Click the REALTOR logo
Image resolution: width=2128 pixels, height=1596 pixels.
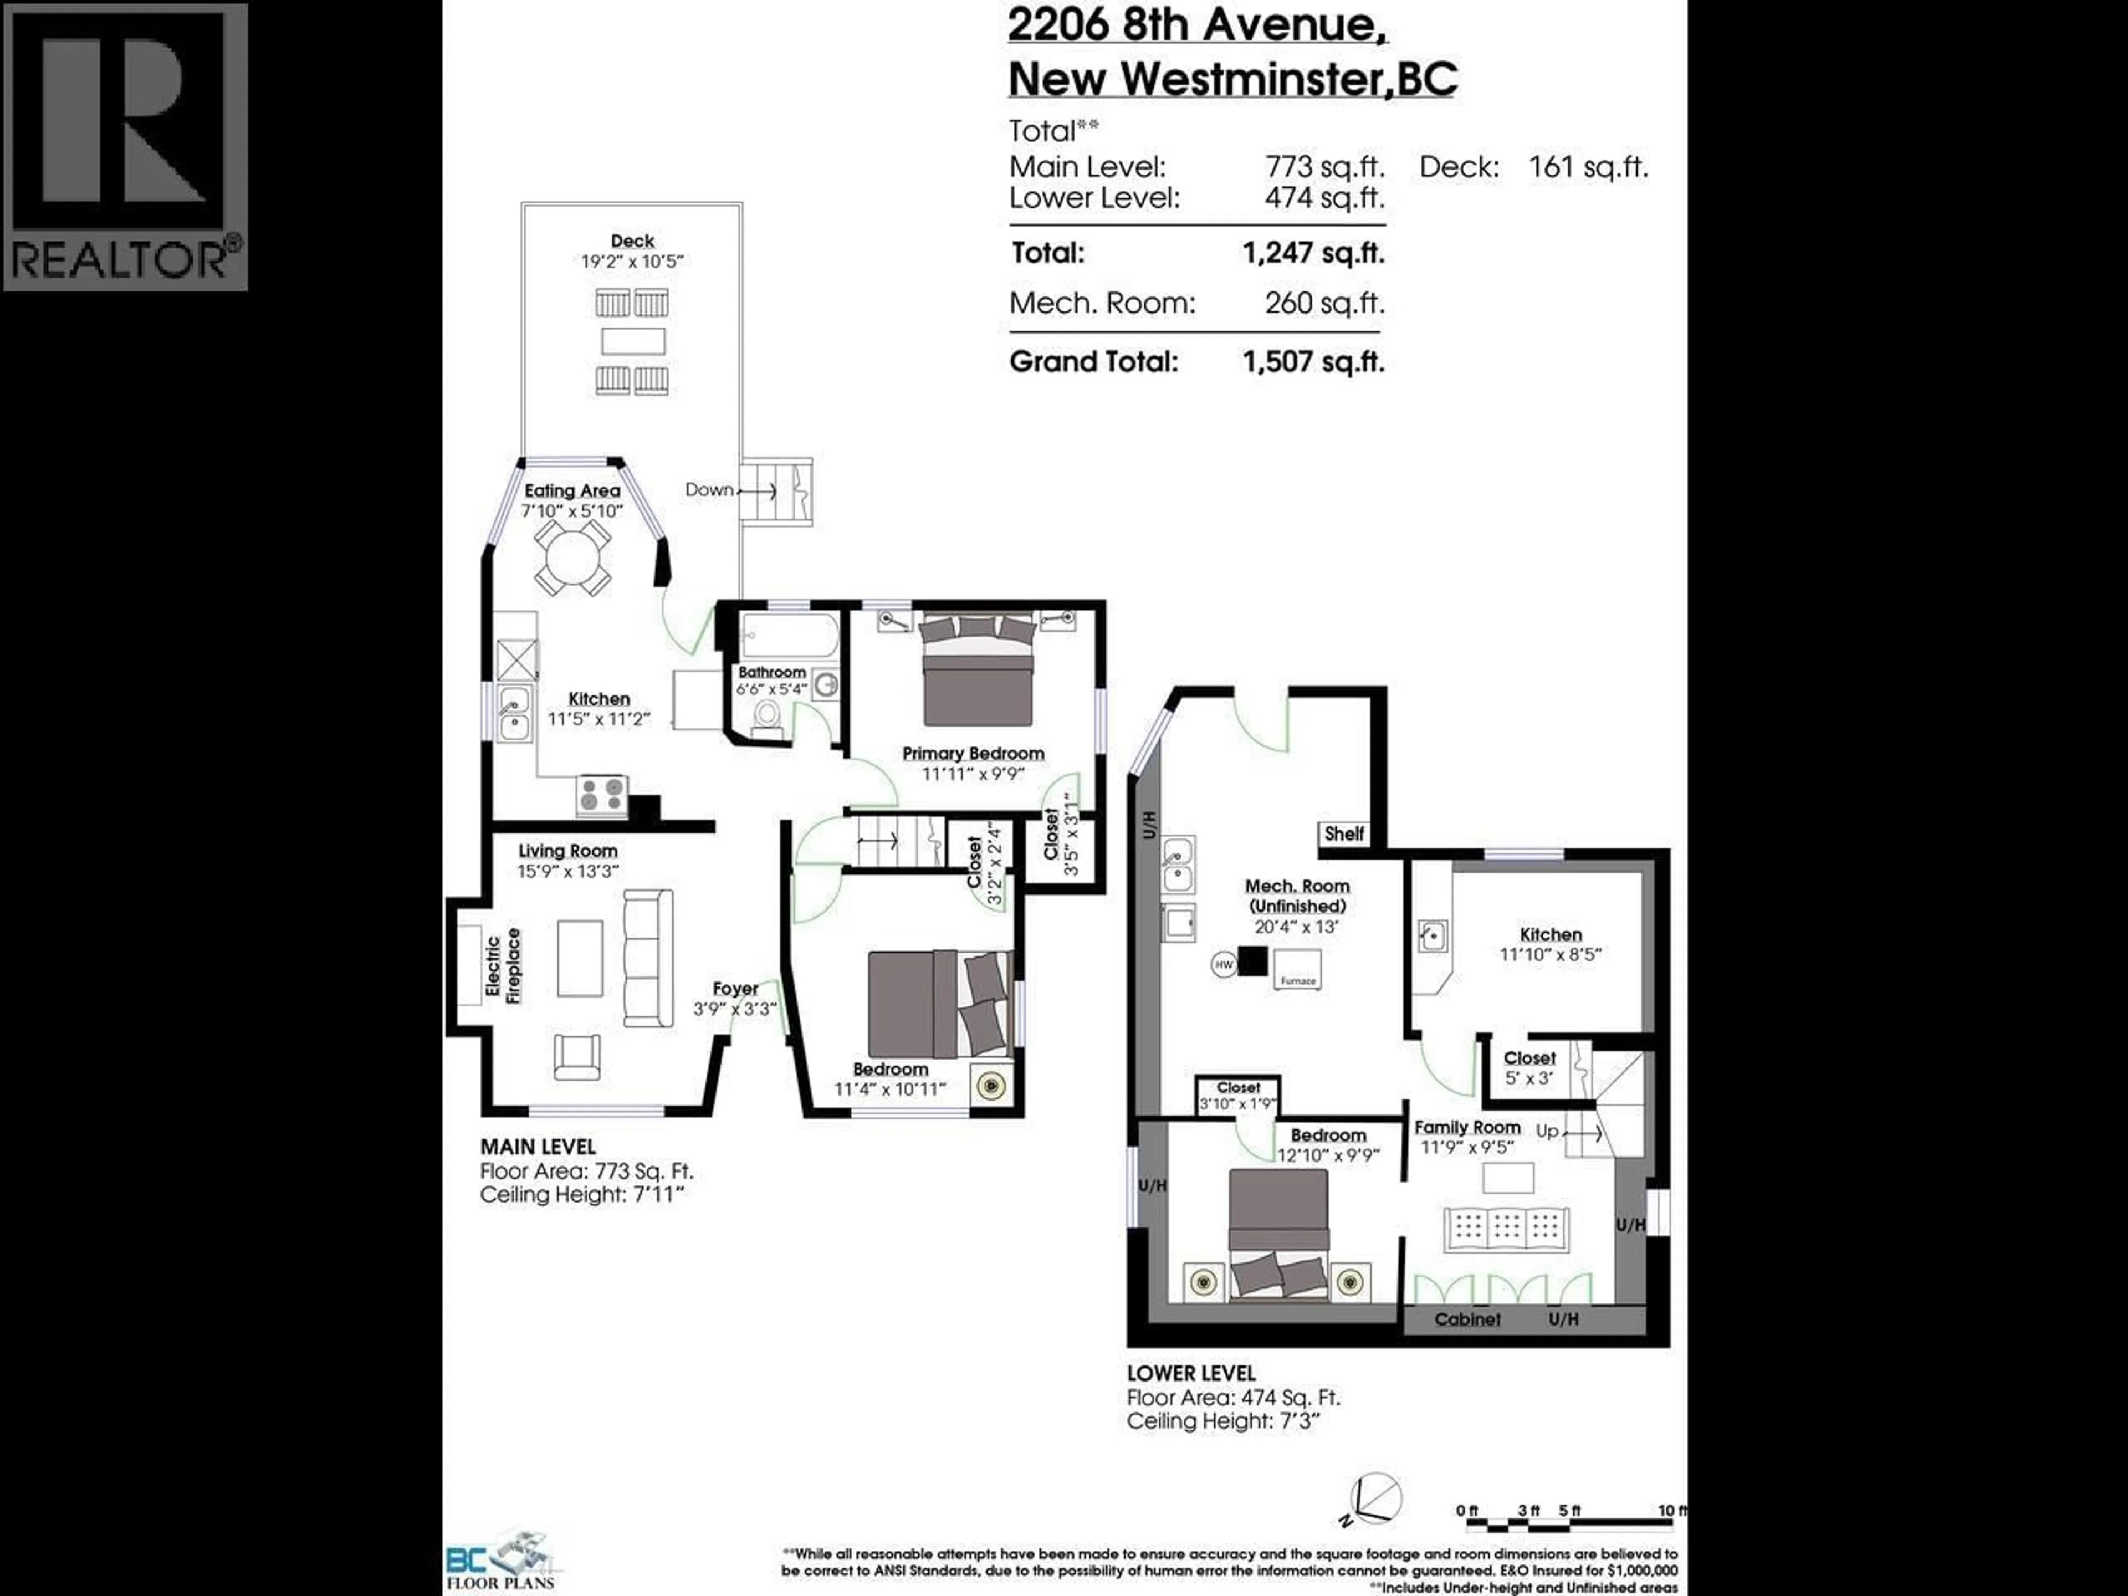pos(125,146)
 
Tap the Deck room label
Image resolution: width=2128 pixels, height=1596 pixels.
pos(632,241)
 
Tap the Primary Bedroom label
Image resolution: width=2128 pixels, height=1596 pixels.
pos(973,753)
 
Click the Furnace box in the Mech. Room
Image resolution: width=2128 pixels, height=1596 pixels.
pos(1297,969)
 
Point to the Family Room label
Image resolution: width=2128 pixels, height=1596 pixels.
pos(1467,1127)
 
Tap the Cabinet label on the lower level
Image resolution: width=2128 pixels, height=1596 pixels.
pos(1467,1319)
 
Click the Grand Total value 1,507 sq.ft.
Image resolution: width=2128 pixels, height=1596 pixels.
pos(1313,362)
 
